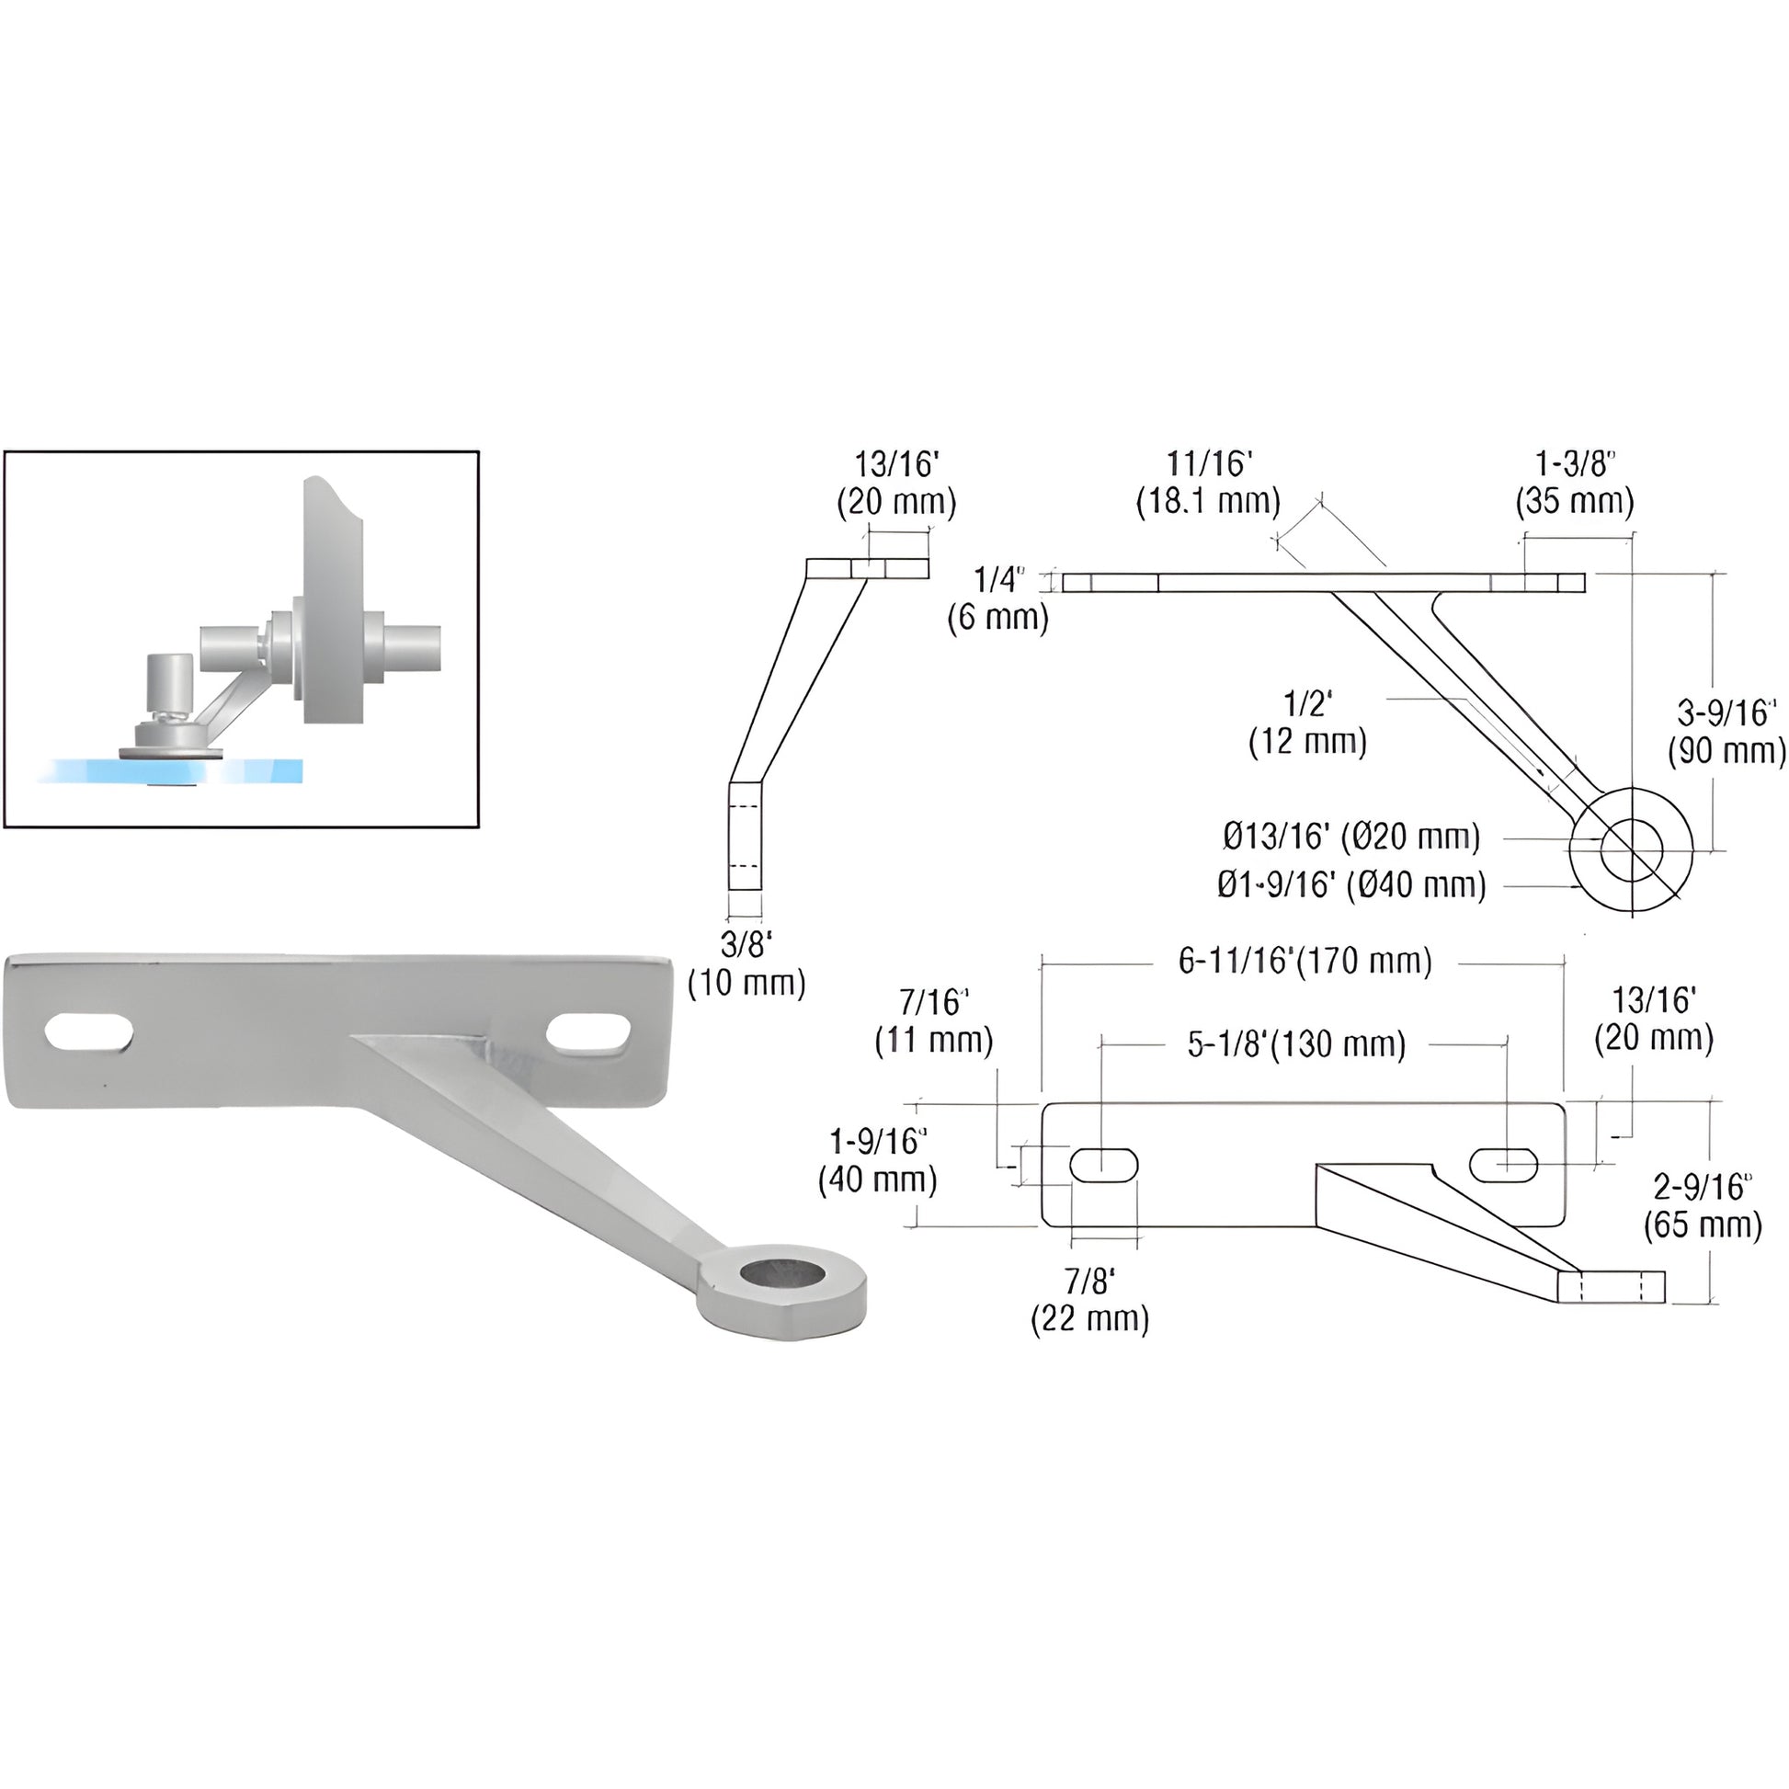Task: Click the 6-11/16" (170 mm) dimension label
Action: tap(1305, 962)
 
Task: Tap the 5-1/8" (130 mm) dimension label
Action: tap(1296, 1044)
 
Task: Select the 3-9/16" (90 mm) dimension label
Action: tap(1726, 732)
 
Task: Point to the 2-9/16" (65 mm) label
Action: tap(1702, 1206)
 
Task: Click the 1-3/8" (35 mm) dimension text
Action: tap(1574, 483)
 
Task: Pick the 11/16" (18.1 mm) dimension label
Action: tap(1208, 483)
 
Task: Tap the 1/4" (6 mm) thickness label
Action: tap(998, 598)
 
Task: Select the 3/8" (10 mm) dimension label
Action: tap(746, 963)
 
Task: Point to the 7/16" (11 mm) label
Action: tap(933, 1021)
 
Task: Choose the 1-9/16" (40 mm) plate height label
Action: tap(878, 1160)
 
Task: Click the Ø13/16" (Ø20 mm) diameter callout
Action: tap(1351, 838)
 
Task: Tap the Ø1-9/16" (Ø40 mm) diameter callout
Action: tap(1351, 885)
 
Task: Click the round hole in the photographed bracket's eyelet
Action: tap(783, 1276)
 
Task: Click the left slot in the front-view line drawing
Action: tap(1104, 1164)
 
